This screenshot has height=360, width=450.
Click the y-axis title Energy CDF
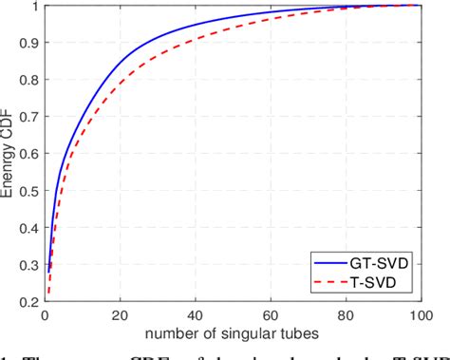coord(9,158)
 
